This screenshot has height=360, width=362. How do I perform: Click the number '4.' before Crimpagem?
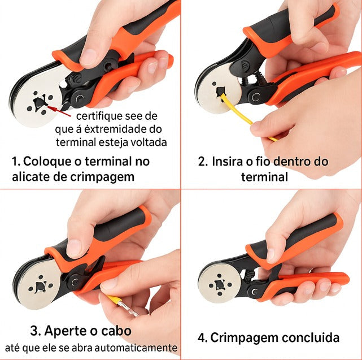[x=203, y=338]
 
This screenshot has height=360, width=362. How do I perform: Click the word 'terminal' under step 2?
[x=264, y=177]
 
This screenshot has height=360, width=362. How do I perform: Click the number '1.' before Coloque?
[x=16, y=161]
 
